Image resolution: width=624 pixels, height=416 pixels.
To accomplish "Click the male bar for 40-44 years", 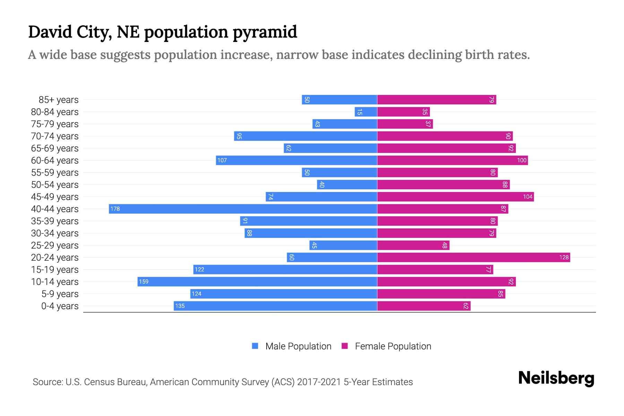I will [x=243, y=209].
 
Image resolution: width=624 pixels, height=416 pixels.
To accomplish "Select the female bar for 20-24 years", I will [x=473, y=257].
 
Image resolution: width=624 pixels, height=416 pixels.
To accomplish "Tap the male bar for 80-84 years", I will [x=366, y=112].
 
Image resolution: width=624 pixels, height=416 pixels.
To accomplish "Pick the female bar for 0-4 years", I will [x=424, y=306].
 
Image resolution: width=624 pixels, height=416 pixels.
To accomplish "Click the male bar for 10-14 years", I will [x=257, y=281].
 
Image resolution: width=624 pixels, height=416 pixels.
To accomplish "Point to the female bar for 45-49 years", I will [x=455, y=197].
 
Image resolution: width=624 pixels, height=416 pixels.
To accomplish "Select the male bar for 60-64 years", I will [x=296, y=160].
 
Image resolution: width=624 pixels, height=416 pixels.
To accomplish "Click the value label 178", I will [x=115, y=209].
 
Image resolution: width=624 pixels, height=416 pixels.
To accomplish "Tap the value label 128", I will [x=564, y=257].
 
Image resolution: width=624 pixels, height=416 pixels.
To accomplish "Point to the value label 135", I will [x=180, y=306].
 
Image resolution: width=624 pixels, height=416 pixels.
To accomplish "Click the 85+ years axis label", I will [x=59, y=100].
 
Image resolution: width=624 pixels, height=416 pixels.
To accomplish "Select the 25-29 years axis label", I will [x=55, y=245].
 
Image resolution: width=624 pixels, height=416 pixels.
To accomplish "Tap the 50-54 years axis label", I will [x=55, y=185].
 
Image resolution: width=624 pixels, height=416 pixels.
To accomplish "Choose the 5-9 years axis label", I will [x=60, y=294].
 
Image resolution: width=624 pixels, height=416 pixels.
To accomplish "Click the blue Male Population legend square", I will [x=255, y=346].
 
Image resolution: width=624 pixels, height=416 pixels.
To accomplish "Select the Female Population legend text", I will [x=393, y=346].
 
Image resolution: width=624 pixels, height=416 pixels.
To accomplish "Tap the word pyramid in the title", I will [x=265, y=32].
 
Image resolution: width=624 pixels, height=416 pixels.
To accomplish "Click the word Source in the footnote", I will [x=47, y=382].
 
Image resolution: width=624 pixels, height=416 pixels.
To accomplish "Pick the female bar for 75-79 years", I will [x=405, y=124].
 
